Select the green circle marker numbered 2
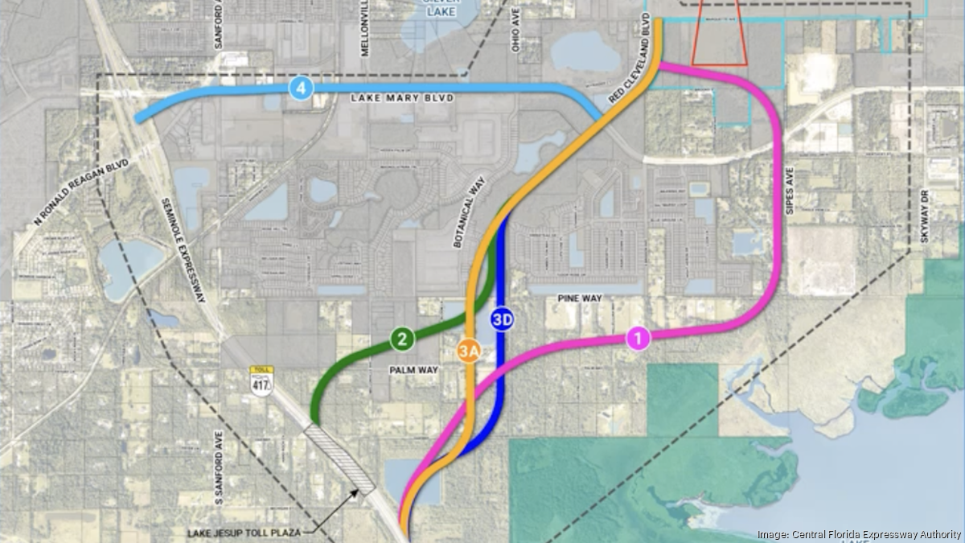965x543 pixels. tap(401, 339)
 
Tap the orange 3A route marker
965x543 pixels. tap(469, 351)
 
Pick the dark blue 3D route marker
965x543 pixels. tap(503, 319)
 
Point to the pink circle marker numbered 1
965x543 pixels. tap(638, 339)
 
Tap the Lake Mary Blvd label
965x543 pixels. tap(402, 98)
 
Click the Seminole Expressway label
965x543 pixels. tap(184, 250)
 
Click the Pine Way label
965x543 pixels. tap(580, 298)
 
